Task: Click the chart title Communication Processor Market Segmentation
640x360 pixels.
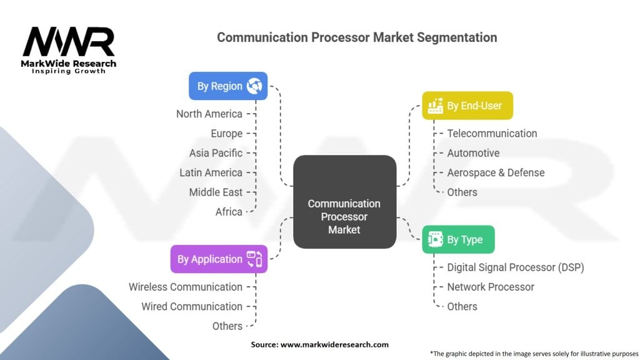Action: [357, 37]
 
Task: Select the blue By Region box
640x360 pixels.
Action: [228, 86]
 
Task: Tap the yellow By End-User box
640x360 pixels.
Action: [467, 106]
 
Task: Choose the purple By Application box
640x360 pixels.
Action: [219, 259]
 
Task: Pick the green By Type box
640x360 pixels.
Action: [458, 239]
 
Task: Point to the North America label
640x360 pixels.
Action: [209, 114]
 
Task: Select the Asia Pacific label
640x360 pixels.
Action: [216, 153]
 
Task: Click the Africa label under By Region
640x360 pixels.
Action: [229, 212]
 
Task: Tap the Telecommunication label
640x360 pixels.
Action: [492, 133]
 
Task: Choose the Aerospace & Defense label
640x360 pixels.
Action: [496, 172]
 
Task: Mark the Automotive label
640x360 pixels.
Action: [473, 153]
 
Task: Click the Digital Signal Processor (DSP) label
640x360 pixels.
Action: [515, 267]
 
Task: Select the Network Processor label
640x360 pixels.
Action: [491, 287]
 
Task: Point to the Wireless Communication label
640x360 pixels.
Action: [186, 287]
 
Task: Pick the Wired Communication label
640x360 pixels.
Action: [192, 306]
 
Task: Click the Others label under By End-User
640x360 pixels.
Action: [462, 192]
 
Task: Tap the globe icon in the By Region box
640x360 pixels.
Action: [254, 86]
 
